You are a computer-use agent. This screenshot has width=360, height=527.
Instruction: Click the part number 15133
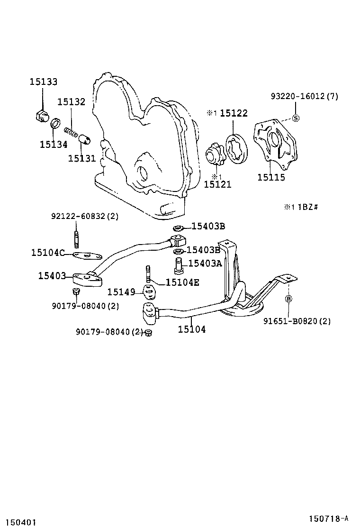coord(43,82)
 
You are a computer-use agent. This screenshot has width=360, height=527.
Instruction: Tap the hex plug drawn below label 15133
coord(42,116)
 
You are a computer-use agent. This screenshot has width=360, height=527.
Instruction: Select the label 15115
coord(271,177)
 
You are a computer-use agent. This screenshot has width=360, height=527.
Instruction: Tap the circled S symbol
coord(296,118)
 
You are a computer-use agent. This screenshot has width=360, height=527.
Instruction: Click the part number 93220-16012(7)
coord(305,96)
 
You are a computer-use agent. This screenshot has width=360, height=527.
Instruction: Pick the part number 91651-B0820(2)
coord(297,321)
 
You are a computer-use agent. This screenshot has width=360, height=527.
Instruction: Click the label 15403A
coord(205,263)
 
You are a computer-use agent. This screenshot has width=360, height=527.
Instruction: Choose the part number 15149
coord(121,292)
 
